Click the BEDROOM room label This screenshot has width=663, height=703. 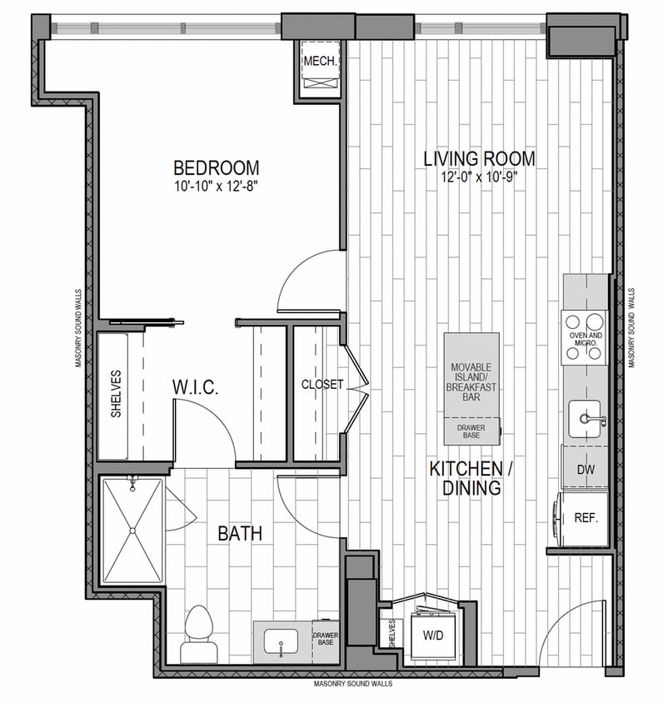[x=216, y=167]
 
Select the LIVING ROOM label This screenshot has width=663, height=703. [x=478, y=158]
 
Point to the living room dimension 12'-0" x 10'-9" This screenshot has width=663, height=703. [x=478, y=177]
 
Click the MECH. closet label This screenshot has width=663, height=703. [x=319, y=62]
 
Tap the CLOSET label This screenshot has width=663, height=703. [x=322, y=384]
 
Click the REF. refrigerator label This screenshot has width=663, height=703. [x=586, y=517]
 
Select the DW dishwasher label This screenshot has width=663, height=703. [x=586, y=471]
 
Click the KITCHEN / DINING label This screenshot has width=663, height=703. [x=471, y=479]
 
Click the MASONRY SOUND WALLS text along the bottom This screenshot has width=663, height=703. [x=353, y=683]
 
